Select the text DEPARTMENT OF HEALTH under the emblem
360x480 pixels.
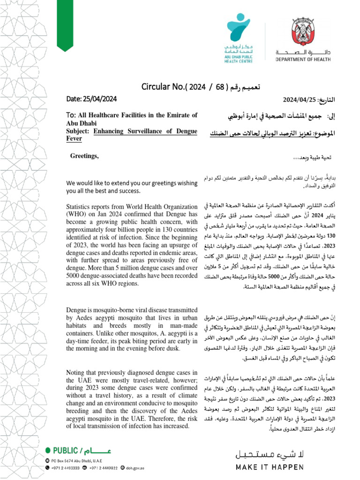(x=302, y=60)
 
